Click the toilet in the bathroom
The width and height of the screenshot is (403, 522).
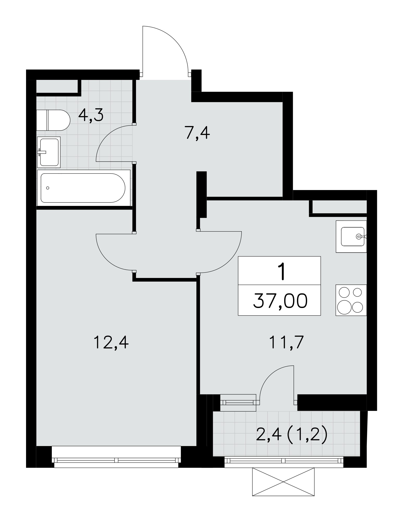53,120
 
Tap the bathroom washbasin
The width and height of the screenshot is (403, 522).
49,152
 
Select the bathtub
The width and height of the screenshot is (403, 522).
84,188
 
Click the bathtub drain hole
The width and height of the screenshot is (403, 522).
47,188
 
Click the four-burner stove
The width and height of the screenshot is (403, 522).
351,300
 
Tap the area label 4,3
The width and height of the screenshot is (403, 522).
91,116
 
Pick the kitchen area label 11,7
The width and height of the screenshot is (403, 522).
287,342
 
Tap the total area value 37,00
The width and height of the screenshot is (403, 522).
280,301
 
